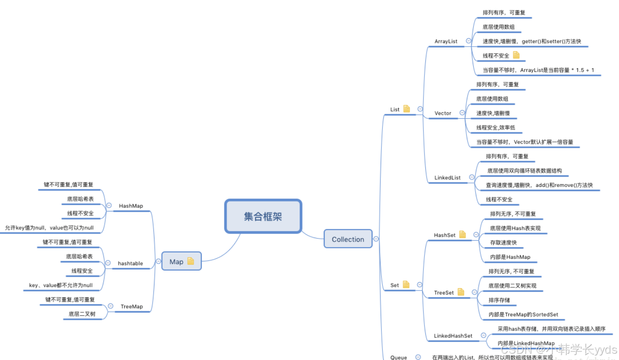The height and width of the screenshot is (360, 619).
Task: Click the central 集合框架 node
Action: pyautogui.click(x=263, y=216)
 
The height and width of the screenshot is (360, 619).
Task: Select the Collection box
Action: pyautogui.click(x=348, y=239)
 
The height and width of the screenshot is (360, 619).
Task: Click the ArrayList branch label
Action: pyautogui.click(x=446, y=41)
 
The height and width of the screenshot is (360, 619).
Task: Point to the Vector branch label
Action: pyautogui.click(x=442, y=113)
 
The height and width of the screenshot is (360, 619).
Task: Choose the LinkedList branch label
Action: pyautogui.click(x=447, y=178)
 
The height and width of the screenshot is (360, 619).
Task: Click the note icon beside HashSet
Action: pyautogui.click(x=462, y=234)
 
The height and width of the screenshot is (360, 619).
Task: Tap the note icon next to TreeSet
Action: pyautogui.click(x=461, y=292)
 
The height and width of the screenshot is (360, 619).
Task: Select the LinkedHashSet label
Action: pyautogui.click(x=453, y=336)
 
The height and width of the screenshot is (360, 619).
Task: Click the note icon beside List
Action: pyautogui.click(x=406, y=109)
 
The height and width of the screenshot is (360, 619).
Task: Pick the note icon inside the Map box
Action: pyautogui.click(x=191, y=261)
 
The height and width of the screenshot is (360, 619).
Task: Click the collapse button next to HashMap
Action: pyautogui.click(x=109, y=206)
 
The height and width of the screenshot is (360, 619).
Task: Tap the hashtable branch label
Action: pyautogui.click(x=130, y=263)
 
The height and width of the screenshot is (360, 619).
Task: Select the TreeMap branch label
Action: pyautogui.click(x=131, y=306)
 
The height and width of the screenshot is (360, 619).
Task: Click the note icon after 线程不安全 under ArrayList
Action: pyautogui.click(x=516, y=55)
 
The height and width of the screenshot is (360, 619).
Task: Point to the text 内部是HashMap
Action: pyautogui.click(x=510, y=257)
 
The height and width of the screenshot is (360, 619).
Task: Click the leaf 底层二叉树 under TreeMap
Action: pyautogui.click(x=82, y=314)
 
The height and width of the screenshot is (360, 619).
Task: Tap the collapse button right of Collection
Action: pyautogui.click(x=376, y=239)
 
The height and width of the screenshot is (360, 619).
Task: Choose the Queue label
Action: pyautogui.click(x=398, y=357)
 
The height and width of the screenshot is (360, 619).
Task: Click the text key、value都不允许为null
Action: pyautogui.click(x=61, y=285)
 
